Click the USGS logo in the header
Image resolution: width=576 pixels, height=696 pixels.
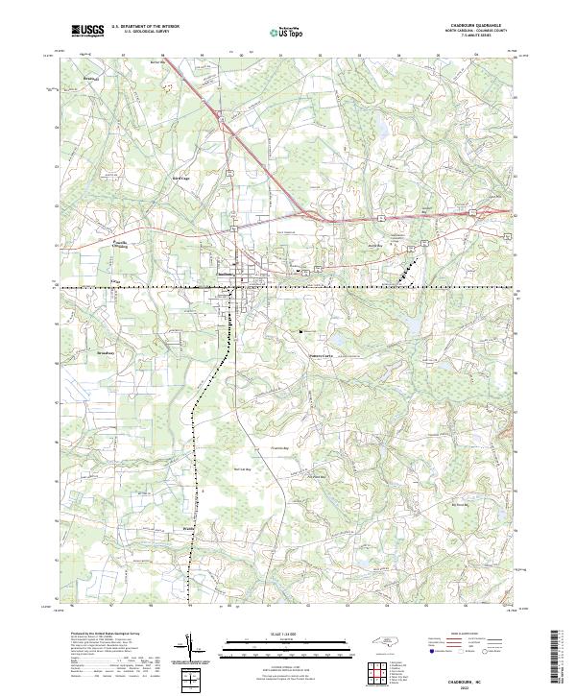click(88, 31)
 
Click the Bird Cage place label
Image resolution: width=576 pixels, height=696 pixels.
click(180, 178)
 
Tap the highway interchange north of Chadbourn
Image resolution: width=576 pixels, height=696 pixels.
click(223, 120)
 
